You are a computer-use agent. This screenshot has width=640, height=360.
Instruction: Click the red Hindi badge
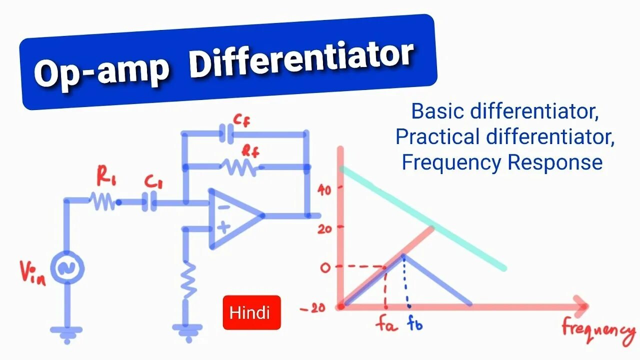tap(251, 312)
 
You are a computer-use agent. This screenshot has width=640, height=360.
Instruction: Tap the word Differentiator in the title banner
tap(301, 59)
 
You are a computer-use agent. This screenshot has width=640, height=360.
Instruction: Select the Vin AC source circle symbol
tap(66, 269)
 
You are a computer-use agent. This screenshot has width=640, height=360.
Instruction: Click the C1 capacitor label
tap(153, 181)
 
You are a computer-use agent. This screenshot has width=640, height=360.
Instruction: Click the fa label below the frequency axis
tap(385, 325)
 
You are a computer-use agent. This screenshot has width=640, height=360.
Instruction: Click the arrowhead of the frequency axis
tap(581, 306)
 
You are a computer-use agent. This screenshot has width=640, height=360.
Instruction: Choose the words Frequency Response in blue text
tap(502, 162)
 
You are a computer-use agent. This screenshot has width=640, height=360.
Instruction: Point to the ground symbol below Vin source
tap(66, 333)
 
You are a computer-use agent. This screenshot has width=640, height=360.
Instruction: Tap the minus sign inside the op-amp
tap(223, 206)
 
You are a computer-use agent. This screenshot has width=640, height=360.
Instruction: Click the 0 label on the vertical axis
tap(325, 267)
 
